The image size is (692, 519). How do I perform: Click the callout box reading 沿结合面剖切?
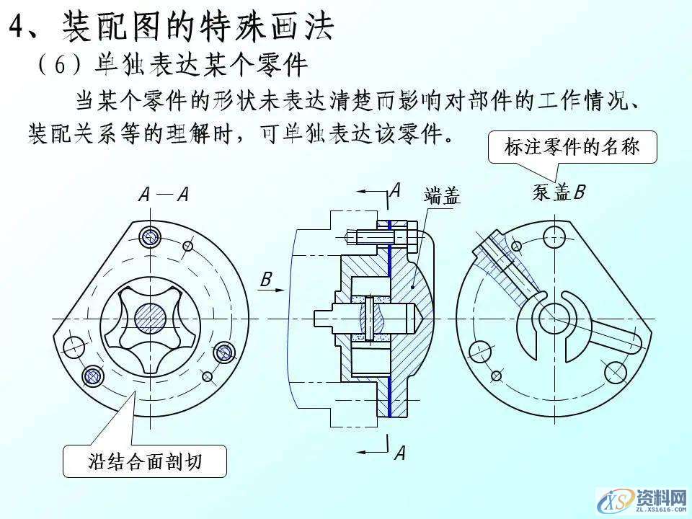[144, 462]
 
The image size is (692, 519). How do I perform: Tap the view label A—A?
[163, 194]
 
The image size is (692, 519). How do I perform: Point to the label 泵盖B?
[559, 192]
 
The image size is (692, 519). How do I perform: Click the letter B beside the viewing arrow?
[265, 279]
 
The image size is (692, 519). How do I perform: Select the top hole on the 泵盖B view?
[555, 233]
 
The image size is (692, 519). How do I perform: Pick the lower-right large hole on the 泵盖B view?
[615, 372]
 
